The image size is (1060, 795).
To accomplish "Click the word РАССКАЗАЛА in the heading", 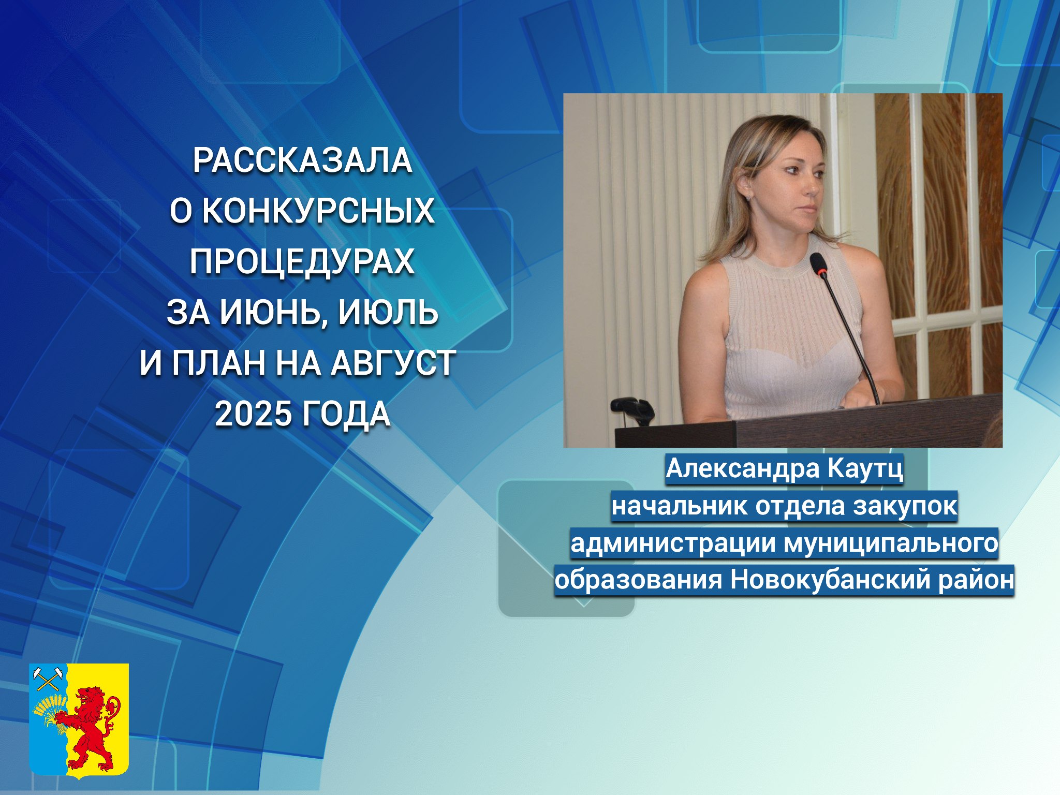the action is coord(302,160).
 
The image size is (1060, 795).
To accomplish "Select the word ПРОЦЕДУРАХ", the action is coord(302,262).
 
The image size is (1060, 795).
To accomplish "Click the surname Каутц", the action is coord(865,469).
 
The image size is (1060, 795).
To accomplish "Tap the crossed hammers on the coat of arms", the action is coord(48,679).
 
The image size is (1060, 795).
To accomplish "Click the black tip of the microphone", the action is coord(818,263).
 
